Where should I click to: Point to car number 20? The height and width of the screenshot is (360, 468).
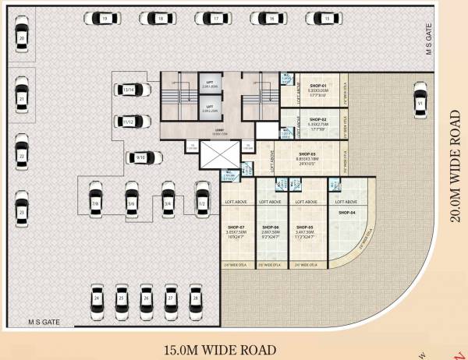22,37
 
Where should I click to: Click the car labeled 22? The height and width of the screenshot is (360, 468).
22,156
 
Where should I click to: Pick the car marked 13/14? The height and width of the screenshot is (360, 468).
129,90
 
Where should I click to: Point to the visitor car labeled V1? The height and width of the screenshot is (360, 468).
420,103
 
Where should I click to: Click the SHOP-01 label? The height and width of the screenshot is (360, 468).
316,85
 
